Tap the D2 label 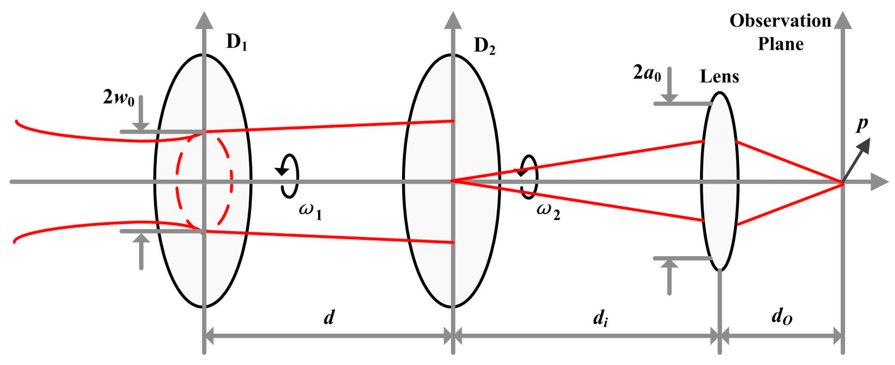click(x=484, y=46)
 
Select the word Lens click(x=719, y=77)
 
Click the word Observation click(x=780, y=21)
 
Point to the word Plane click(x=780, y=44)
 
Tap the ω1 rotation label click(x=310, y=211)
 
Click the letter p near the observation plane click(x=862, y=124)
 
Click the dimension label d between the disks click(x=329, y=317)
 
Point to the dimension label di click(x=600, y=318)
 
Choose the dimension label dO click(x=782, y=317)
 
